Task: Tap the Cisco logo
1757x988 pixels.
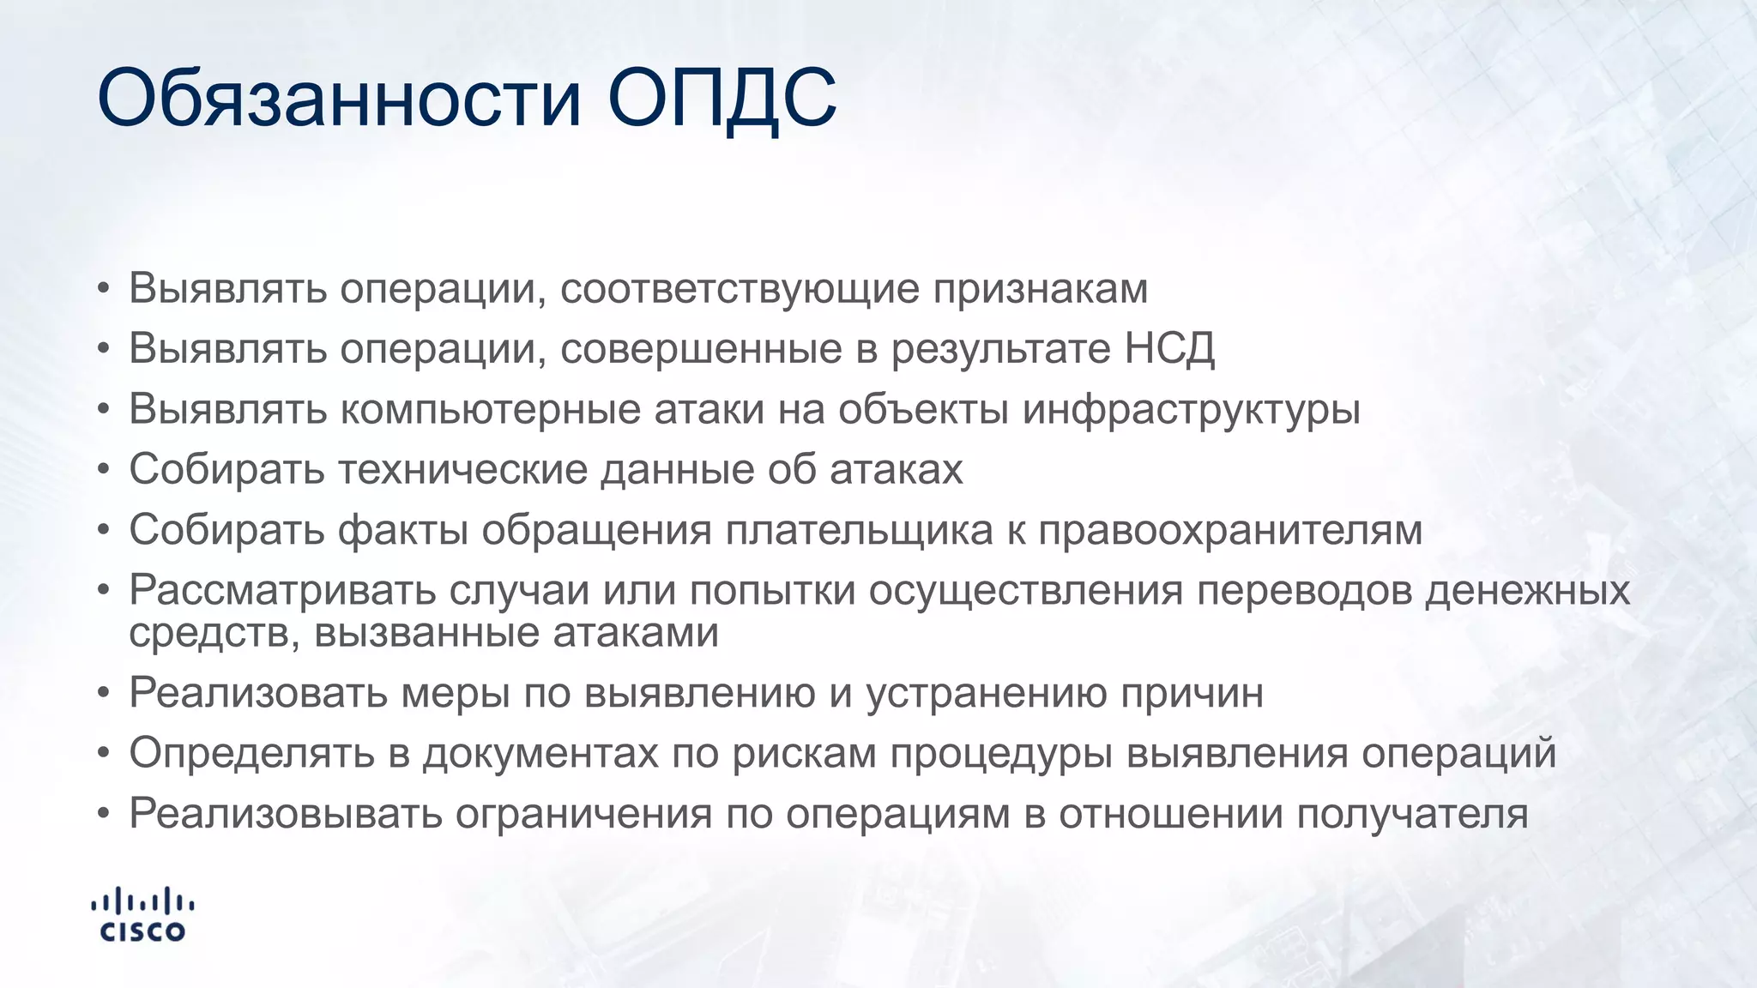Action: pyautogui.click(x=143, y=915)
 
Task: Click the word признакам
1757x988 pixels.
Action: pyautogui.click(x=1040, y=289)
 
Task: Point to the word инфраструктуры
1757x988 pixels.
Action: pyautogui.click(x=1191, y=409)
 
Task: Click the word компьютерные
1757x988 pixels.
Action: pyautogui.click(x=491, y=409)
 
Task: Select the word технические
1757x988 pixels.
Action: pyautogui.click(x=462, y=470)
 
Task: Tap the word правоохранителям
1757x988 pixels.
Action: pyautogui.click(x=1230, y=530)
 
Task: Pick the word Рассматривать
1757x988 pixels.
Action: pyautogui.click(x=282, y=590)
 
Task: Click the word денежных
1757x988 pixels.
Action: pyautogui.click(x=1527, y=590)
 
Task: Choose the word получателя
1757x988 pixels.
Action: pyautogui.click(x=1412, y=814)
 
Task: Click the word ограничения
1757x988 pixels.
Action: pyautogui.click(x=583, y=814)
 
